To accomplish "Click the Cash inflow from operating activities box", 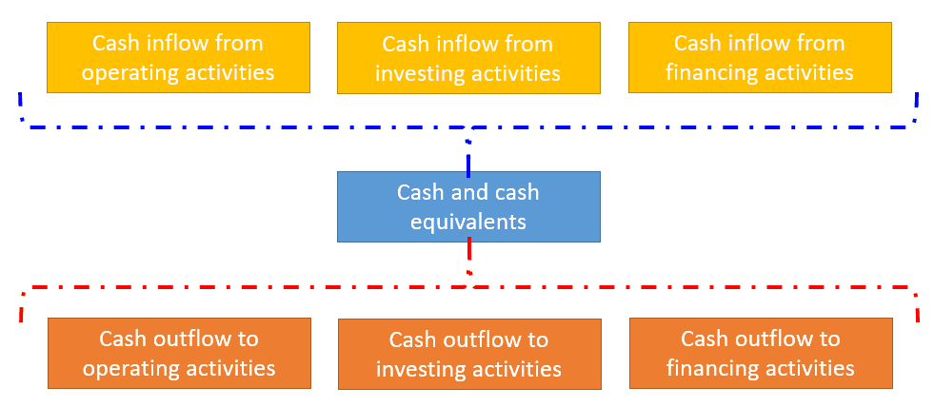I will (178, 57).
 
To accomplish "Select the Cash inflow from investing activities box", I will (468, 58).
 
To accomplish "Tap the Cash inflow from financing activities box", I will (759, 57).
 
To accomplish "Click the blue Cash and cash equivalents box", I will (468, 205).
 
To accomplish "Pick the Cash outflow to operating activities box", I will (178, 353).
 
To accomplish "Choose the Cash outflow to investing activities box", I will (468, 354).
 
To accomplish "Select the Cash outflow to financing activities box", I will (760, 353).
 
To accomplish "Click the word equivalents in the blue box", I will (468, 222).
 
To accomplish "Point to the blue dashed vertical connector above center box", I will (468, 152).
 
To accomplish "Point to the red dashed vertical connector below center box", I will (468, 255).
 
